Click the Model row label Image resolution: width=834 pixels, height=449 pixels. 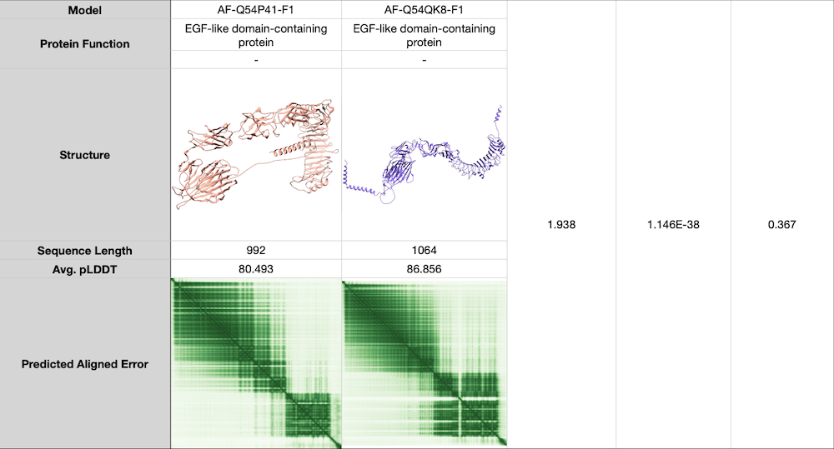click(85, 9)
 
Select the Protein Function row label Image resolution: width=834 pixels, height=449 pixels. click(85, 43)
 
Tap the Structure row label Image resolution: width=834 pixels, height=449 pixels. click(85, 155)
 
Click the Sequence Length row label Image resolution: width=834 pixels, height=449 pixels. click(85, 251)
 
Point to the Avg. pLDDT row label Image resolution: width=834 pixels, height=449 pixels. click(85, 269)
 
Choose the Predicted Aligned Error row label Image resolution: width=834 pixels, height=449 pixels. click(85, 364)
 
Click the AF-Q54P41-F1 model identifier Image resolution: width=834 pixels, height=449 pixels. click(256, 9)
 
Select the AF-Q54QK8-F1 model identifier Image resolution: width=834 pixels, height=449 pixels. click(425, 9)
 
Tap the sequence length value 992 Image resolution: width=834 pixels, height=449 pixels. click(256, 251)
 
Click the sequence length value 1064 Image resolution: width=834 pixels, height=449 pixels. click(425, 251)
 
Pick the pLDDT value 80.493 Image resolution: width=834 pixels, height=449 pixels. click(256, 269)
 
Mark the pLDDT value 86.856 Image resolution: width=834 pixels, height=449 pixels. click(425, 269)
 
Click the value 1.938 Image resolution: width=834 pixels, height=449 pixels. click(561, 225)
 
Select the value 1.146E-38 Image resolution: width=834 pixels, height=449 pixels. click(673, 225)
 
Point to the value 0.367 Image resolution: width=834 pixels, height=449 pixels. click(781, 225)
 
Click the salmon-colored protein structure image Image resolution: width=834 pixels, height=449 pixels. click(256, 156)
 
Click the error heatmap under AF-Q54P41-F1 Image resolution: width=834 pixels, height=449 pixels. click(256, 363)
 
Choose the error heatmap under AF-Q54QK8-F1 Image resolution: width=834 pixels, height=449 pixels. click(425, 363)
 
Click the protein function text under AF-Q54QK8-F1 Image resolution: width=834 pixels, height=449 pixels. click(425, 35)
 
